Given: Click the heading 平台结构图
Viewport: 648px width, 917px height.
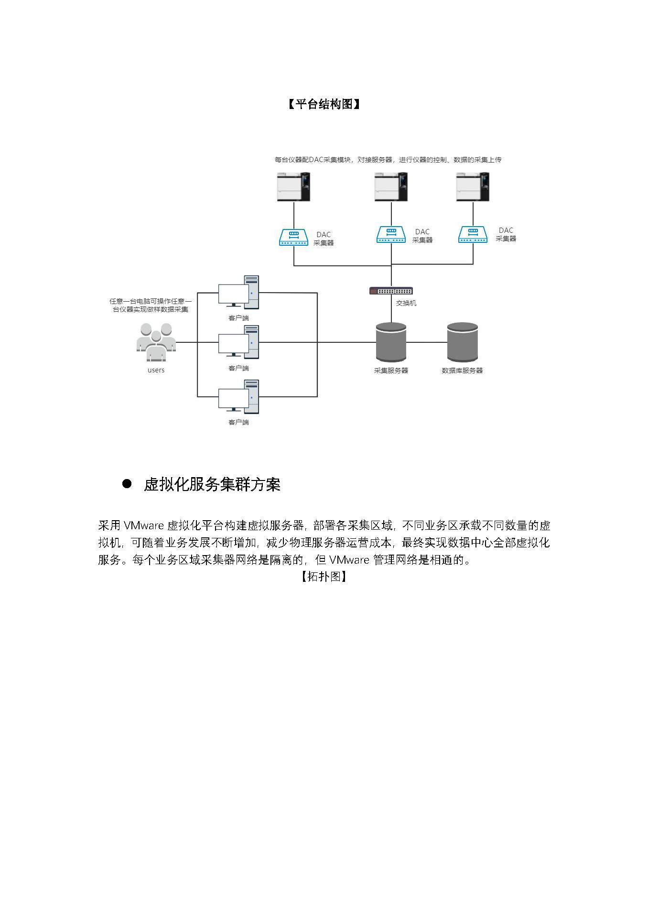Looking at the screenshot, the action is [x=324, y=104].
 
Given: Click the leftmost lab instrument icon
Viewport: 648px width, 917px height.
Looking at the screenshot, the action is [x=293, y=186].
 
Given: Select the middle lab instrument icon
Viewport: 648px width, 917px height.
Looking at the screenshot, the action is [x=391, y=186].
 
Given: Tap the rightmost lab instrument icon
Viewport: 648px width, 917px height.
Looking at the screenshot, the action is [x=473, y=186].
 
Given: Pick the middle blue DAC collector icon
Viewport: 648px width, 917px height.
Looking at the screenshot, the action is [x=391, y=234].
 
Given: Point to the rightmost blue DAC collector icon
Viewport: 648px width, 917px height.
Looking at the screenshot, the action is [x=473, y=234].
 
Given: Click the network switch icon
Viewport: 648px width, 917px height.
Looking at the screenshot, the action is [x=391, y=291].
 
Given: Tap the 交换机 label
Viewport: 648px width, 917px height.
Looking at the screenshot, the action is [x=406, y=303].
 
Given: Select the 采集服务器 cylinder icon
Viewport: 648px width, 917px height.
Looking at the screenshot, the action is [x=391, y=342].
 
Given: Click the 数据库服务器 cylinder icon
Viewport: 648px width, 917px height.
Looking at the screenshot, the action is [x=462, y=342].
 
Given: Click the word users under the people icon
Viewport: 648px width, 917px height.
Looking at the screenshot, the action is [x=156, y=370].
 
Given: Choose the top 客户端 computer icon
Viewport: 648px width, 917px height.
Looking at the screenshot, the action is [x=239, y=293].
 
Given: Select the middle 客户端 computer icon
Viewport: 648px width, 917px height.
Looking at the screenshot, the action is [x=239, y=342].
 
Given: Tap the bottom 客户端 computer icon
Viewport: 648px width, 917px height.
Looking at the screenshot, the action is [x=239, y=397].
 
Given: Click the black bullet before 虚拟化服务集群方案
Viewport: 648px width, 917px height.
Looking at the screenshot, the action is [x=127, y=483].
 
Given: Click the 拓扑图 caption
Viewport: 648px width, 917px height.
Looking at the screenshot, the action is [x=324, y=577].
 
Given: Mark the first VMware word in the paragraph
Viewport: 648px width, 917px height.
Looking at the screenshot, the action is [x=144, y=525].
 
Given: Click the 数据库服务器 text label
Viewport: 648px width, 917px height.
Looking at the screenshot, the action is [x=462, y=371].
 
